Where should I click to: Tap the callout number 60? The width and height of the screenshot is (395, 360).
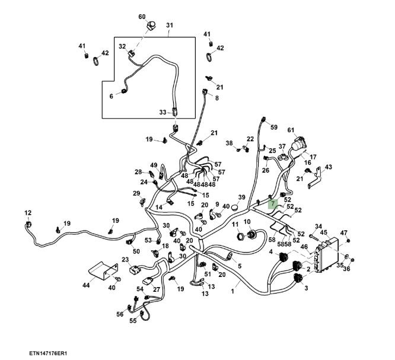142,16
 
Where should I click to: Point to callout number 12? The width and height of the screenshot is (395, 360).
27,213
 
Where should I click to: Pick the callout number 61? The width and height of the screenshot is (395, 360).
291,130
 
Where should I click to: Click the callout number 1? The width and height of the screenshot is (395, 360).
232,292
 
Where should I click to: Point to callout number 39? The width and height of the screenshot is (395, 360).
241,197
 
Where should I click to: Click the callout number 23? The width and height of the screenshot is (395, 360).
125,259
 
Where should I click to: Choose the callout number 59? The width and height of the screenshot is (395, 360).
273,127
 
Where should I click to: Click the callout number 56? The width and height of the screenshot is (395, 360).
119,314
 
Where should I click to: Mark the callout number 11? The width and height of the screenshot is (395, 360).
235,224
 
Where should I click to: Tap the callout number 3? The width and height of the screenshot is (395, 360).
306,288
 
